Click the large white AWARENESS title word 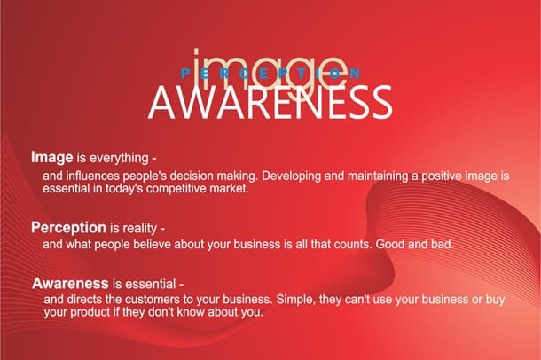click(x=270, y=102)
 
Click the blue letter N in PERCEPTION click(x=356, y=73)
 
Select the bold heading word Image click(x=52, y=158)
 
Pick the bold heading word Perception click(x=68, y=228)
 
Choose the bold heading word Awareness click(x=70, y=284)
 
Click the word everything click(x=119, y=159)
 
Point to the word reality click(x=140, y=228)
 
